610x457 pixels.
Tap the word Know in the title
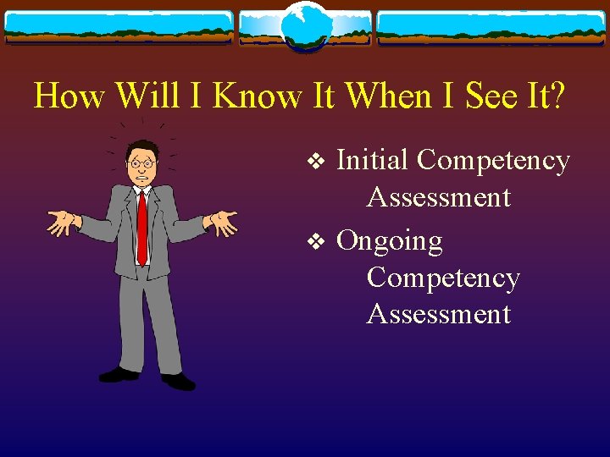tap(257, 96)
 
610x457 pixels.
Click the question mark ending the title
tap(555, 96)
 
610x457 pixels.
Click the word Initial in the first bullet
tap(373, 160)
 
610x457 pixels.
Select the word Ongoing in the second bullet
tap(389, 242)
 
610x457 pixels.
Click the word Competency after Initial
tap(494, 161)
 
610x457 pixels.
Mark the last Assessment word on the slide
tap(438, 314)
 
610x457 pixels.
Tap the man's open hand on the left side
tap(62, 223)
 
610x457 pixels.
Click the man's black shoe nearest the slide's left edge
tap(119, 373)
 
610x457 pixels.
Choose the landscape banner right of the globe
tap(491, 28)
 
